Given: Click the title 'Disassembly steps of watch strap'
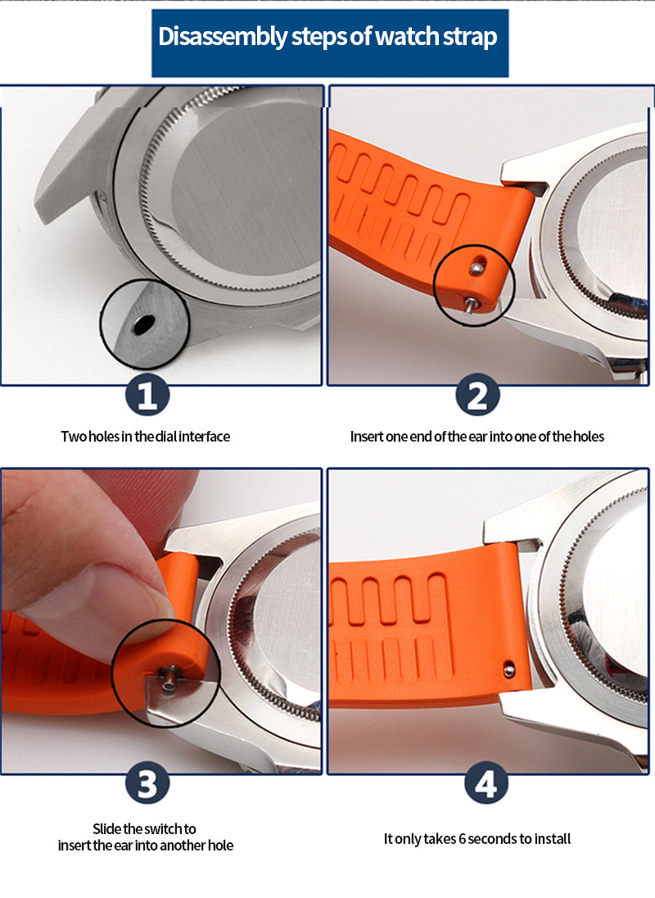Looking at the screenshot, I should tap(327, 38).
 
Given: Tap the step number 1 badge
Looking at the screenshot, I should tap(147, 397).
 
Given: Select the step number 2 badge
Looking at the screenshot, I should tap(477, 397).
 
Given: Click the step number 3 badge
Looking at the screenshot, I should tap(147, 786).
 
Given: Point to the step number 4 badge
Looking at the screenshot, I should tap(486, 786).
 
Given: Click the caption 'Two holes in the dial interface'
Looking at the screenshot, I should tap(146, 437).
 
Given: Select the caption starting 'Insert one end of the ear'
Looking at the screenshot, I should tap(477, 437).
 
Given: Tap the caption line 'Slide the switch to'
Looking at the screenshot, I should tap(144, 829).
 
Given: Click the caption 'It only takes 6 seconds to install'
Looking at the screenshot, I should tap(477, 839).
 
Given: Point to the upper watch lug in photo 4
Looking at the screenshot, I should tap(512, 524).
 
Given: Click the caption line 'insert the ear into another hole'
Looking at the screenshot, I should tap(146, 846).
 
